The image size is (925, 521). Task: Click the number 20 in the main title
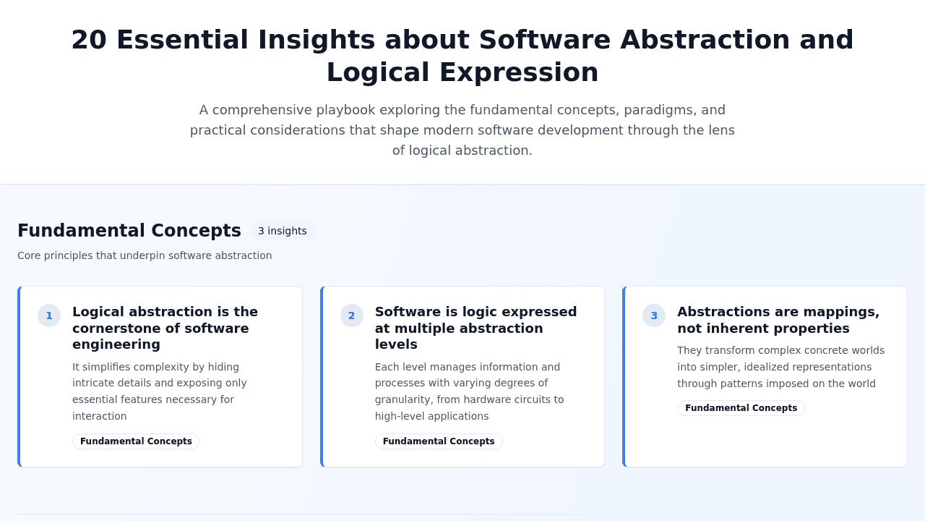89,40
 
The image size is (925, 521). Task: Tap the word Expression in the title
519,73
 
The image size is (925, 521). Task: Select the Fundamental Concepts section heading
129,230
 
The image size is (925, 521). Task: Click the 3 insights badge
283,231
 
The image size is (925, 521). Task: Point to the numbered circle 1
49,315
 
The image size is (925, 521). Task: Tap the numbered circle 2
352,315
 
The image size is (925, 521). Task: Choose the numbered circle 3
654,315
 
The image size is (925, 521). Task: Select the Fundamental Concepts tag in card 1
136,441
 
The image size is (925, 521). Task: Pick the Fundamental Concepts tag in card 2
439,441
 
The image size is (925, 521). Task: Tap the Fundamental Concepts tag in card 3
741,408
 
